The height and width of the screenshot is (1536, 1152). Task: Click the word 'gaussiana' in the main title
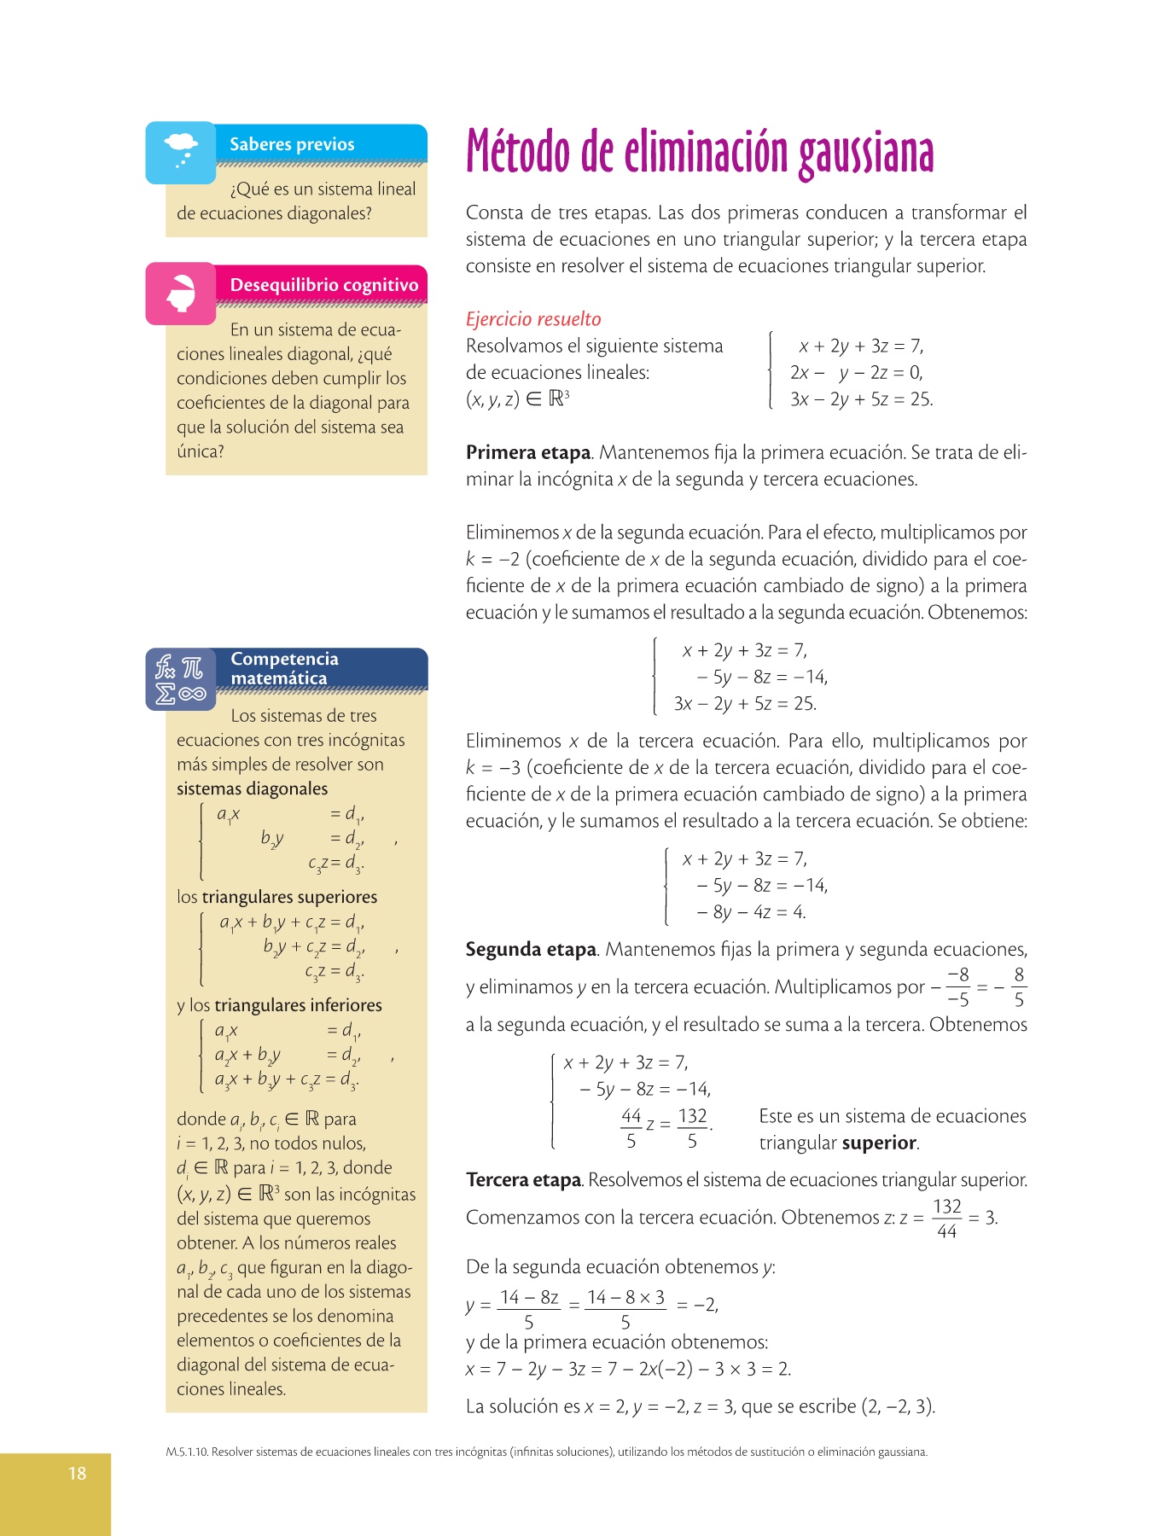tap(866, 154)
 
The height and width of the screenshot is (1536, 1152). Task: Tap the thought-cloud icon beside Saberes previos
tap(180, 151)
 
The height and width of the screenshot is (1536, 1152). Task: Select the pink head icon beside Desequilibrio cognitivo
tap(180, 293)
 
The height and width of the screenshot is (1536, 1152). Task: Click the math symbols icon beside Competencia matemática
tap(180, 678)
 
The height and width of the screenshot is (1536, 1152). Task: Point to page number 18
tap(77, 1473)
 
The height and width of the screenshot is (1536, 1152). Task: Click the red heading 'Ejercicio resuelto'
tap(533, 319)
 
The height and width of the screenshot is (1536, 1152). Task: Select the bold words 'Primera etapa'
tap(528, 452)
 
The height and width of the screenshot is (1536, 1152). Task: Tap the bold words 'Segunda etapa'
tap(531, 949)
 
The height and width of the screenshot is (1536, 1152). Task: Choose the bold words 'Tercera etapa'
tap(524, 1179)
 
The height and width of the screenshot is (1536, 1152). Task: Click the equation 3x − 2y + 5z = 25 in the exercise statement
tap(861, 399)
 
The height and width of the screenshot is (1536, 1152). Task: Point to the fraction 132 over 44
tap(947, 1218)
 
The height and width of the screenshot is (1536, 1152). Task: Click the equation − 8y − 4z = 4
tap(751, 912)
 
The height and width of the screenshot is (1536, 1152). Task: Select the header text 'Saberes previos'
tap(292, 144)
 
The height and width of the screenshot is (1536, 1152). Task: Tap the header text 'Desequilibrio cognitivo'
tap(324, 285)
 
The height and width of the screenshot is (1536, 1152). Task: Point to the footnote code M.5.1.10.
tap(187, 1452)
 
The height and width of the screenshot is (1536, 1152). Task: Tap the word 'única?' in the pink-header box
tap(201, 451)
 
